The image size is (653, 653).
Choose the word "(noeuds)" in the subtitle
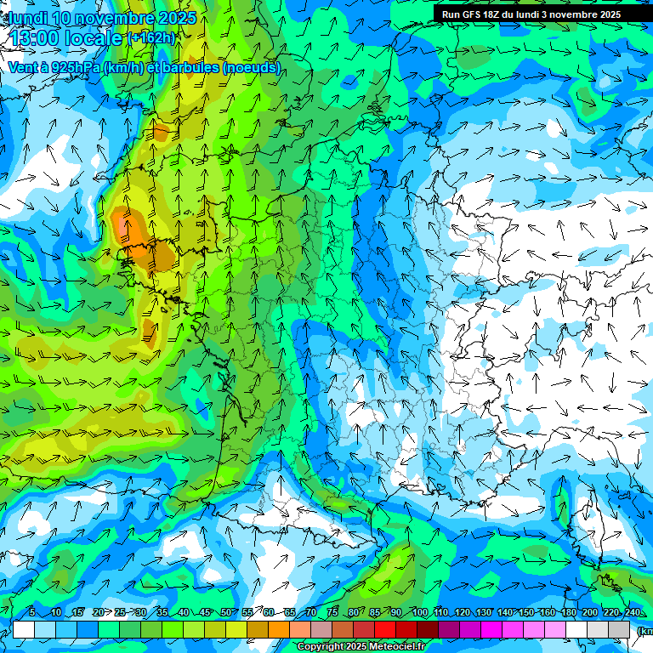(x=252, y=67)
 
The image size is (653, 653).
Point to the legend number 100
(x=419, y=612)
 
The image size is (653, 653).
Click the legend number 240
(x=632, y=612)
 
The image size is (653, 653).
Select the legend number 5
(x=32, y=612)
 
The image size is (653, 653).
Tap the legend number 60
(x=269, y=612)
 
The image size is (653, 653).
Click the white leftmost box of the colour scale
(x=24, y=629)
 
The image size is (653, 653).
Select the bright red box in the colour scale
(x=385, y=629)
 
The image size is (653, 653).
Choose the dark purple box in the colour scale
(x=449, y=629)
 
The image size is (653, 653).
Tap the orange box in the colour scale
(x=279, y=629)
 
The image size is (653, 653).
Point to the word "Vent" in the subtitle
(x=23, y=67)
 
